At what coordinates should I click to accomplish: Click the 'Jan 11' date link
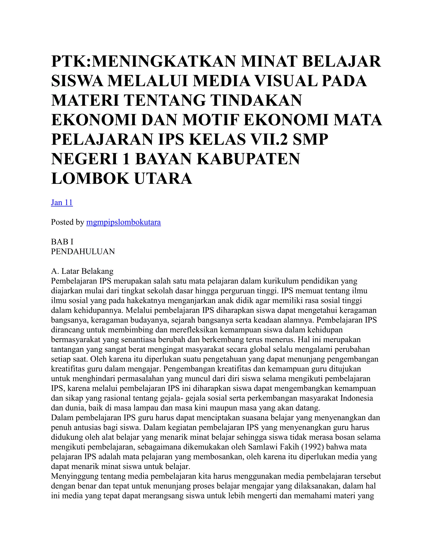point(62,203)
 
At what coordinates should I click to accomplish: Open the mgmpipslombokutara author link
point(123,222)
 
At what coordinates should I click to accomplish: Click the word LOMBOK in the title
point(90,179)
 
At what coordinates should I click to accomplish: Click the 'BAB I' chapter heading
point(62,242)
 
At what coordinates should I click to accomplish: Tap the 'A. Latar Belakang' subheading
point(82,271)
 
